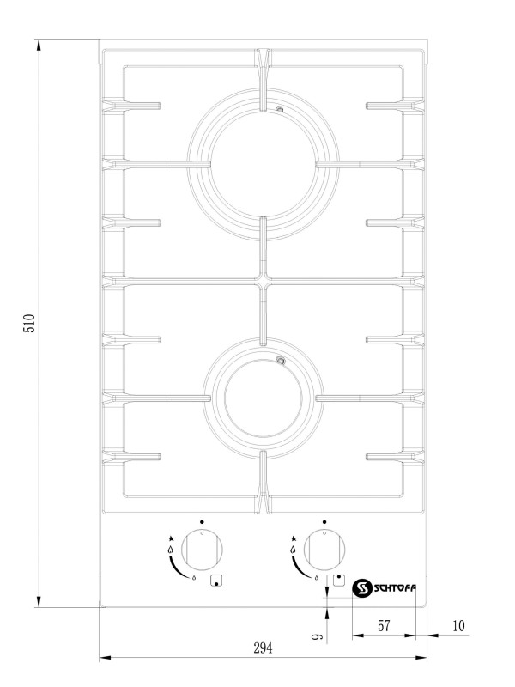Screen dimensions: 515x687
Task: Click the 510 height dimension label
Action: point(29,323)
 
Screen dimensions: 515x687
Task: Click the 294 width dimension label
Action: point(263,647)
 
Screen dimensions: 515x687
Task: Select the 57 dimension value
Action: point(384,626)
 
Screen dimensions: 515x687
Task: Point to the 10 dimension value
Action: point(458,626)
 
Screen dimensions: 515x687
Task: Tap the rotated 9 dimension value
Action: point(317,635)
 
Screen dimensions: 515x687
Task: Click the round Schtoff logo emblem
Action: point(362,588)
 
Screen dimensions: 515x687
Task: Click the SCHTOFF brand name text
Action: point(395,588)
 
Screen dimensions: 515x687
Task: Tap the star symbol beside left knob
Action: point(171,538)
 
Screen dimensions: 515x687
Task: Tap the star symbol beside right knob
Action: point(294,538)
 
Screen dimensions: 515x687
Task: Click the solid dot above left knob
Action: point(202,522)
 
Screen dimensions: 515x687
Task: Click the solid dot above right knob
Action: point(324,522)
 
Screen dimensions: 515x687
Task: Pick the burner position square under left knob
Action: point(216,581)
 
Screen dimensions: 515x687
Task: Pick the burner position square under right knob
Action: point(338,581)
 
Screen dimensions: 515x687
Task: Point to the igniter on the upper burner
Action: point(280,110)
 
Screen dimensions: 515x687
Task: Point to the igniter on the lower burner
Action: point(281,361)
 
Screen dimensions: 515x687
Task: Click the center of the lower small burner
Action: point(263,398)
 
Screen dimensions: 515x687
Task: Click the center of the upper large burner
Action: point(263,164)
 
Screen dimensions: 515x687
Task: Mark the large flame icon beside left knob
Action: point(170,550)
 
